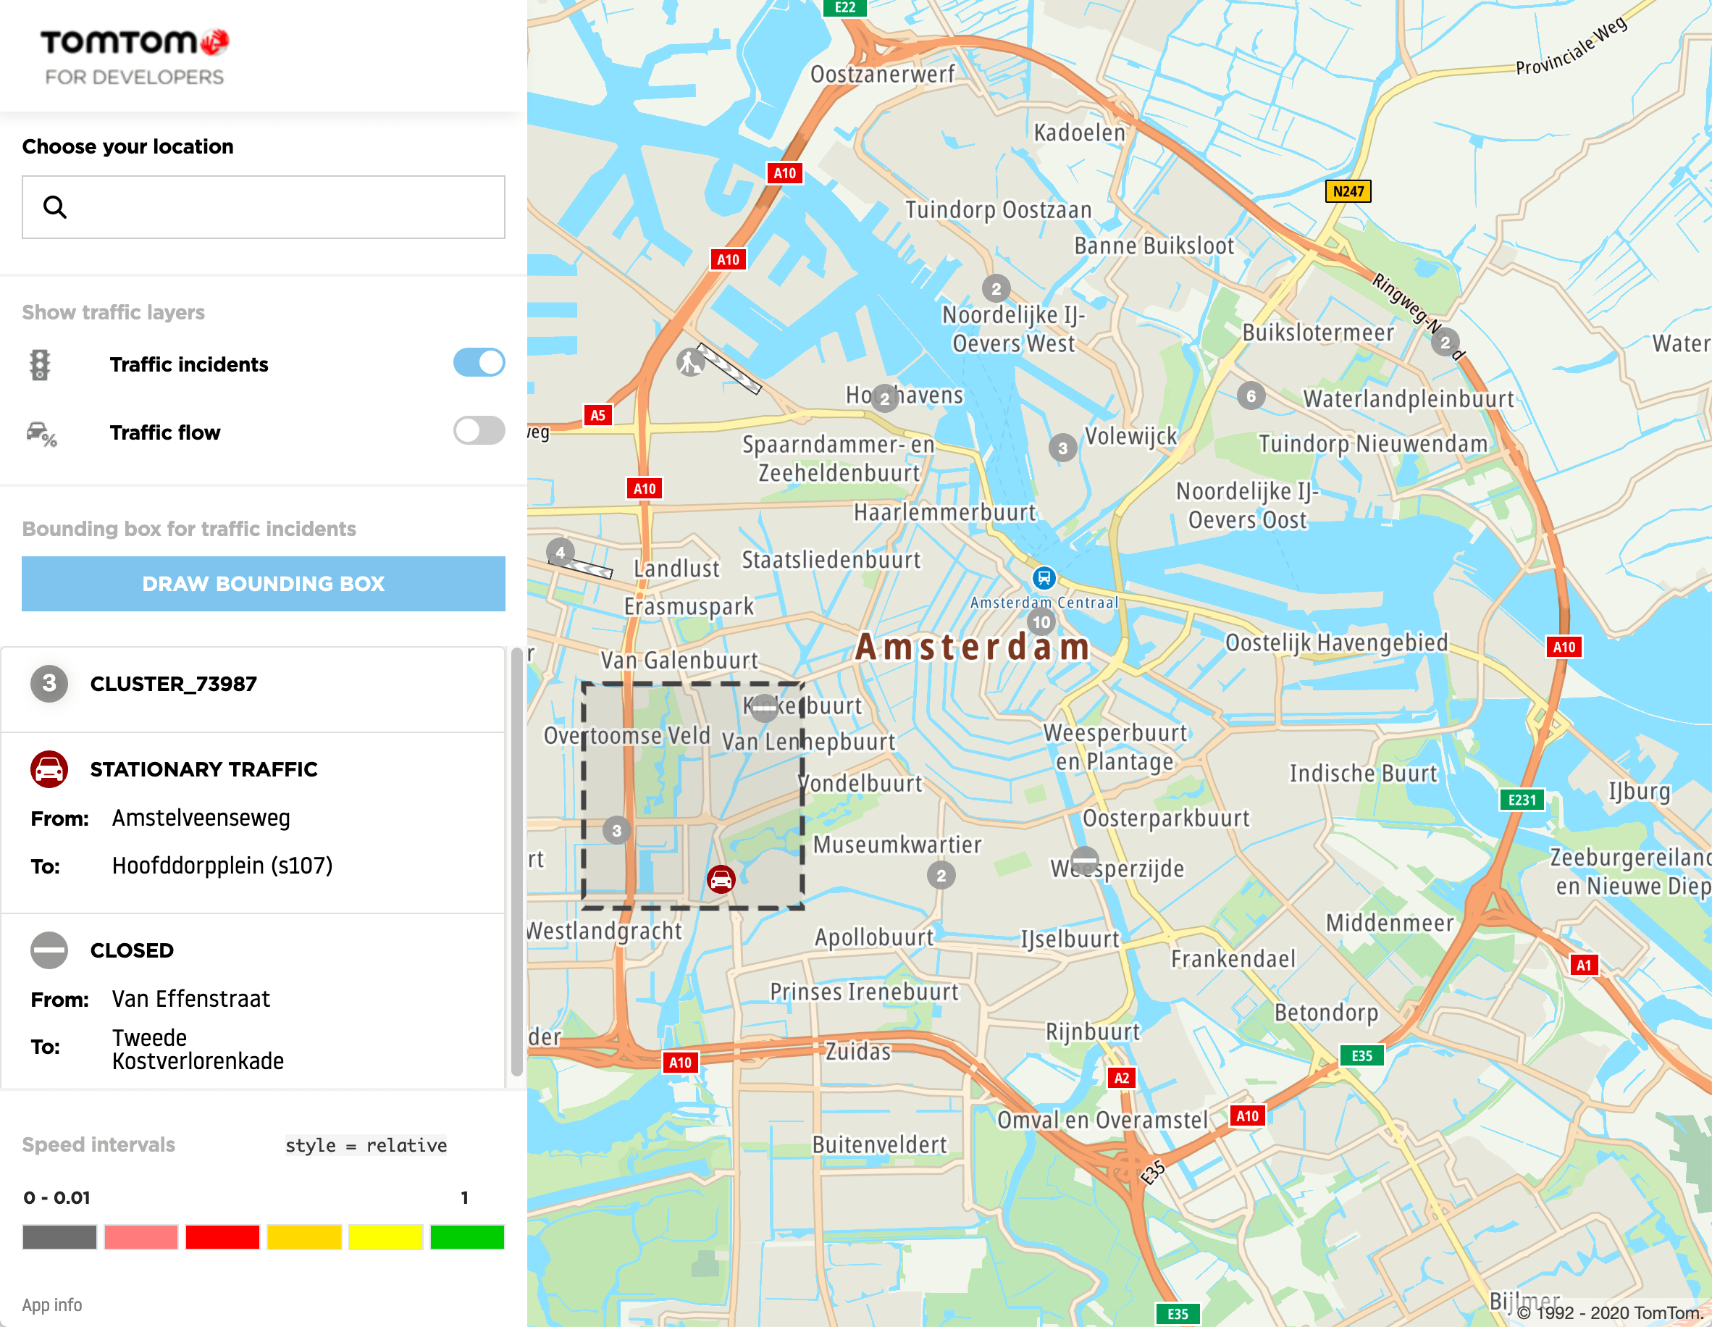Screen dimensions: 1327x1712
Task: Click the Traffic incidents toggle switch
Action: click(x=479, y=363)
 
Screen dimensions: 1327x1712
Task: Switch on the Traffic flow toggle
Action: click(x=479, y=430)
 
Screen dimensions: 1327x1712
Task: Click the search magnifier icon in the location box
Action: click(x=55, y=207)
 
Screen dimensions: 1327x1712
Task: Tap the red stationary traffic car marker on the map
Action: click(x=721, y=879)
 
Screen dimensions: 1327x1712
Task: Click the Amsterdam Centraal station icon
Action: click(x=1044, y=579)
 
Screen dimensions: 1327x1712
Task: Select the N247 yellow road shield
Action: click(x=1348, y=191)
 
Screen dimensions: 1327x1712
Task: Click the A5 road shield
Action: click(x=597, y=416)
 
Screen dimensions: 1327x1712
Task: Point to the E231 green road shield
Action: click(x=1522, y=800)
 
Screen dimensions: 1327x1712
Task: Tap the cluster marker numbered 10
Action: click(x=1041, y=622)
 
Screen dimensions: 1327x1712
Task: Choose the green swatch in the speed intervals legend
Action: click(x=467, y=1237)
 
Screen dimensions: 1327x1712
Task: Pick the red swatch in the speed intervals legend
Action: click(x=222, y=1237)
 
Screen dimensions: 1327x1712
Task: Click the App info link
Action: click(x=51, y=1305)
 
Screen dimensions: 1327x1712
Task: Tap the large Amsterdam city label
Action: click(x=972, y=648)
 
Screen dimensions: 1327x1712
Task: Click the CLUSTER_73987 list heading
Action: click(x=173, y=685)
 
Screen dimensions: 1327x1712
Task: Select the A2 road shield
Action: click(x=1121, y=1078)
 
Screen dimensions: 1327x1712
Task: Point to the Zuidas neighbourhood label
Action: click(x=858, y=1051)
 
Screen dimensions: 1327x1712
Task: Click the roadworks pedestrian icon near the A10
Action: click(x=691, y=362)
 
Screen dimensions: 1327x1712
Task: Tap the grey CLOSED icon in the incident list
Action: click(x=49, y=950)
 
